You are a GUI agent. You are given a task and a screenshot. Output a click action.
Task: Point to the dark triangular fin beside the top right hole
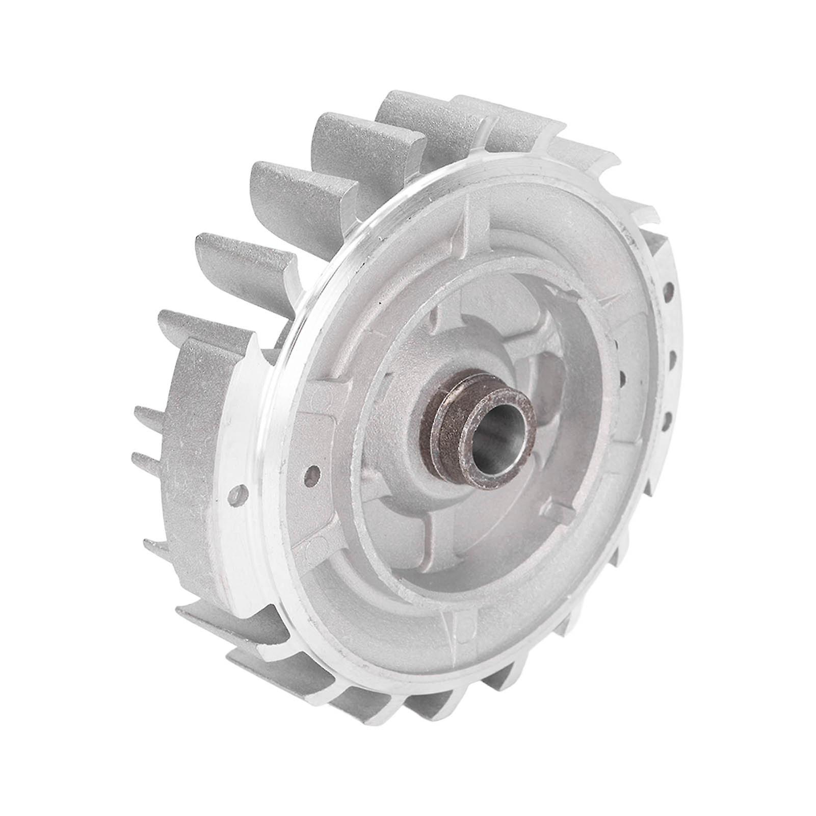pos(657,255)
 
